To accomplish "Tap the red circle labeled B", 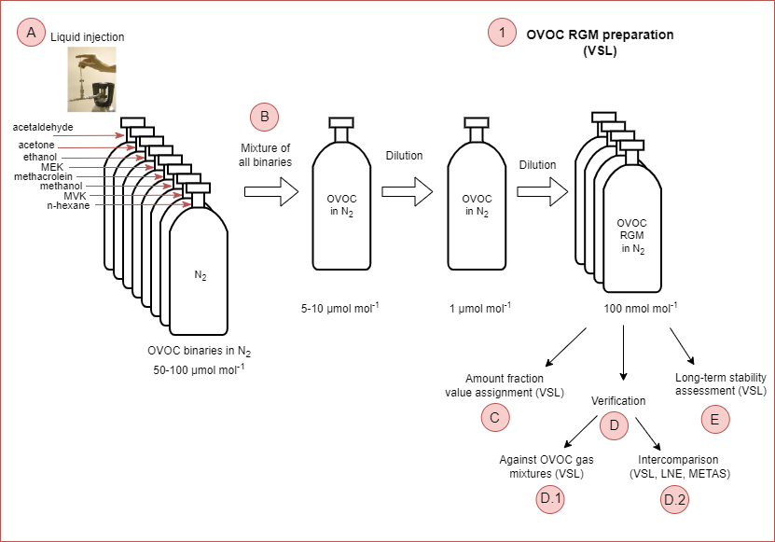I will click(x=265, y=117).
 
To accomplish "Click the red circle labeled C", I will click(x=495, y=417).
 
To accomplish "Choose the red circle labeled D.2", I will click(x=674, y=500).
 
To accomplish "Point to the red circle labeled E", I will click(x=714, y=419).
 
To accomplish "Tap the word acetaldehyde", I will click(x=43, y=127).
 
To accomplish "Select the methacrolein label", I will click(x=42, y=175).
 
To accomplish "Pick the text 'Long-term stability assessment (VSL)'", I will click(x=720, y=384).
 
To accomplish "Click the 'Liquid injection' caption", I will click(x=87, y=37).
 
